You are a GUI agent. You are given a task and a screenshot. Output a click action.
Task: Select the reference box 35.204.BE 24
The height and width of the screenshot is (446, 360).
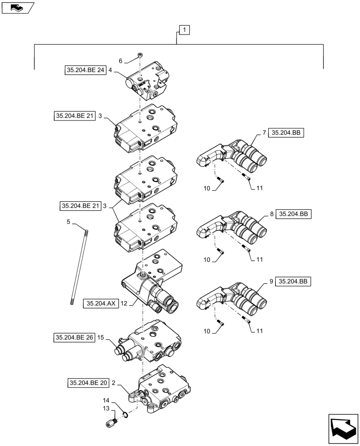(x=85, y=70)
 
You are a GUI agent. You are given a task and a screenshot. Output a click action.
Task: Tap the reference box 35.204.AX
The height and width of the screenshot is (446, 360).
(x=101, y=304)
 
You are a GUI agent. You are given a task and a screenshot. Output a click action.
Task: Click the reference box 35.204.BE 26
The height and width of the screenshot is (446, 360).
(x=74, y=338)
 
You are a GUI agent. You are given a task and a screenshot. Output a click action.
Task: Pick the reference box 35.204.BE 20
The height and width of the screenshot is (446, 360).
(x=88, y=383)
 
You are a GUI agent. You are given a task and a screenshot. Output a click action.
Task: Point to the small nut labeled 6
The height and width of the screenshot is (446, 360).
(x=140, y=55)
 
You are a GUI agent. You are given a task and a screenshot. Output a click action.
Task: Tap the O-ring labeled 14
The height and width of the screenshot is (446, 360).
(x=126, y=415)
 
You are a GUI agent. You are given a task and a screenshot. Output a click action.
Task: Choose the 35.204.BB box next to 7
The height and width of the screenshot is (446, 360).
(x=286, y=132)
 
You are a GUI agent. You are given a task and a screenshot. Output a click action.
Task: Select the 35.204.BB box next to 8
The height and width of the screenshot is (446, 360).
(x=294, y=215)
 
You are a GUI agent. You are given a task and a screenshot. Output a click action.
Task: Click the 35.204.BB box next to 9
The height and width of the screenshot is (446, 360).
(x=293, y=281)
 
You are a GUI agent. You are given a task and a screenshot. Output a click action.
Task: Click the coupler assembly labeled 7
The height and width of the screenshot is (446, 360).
(x=232, y=156)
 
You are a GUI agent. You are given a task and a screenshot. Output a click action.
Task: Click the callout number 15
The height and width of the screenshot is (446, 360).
(x=101, y=338)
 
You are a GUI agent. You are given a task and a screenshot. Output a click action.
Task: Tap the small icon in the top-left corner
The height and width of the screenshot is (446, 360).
(x=17, y=7)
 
